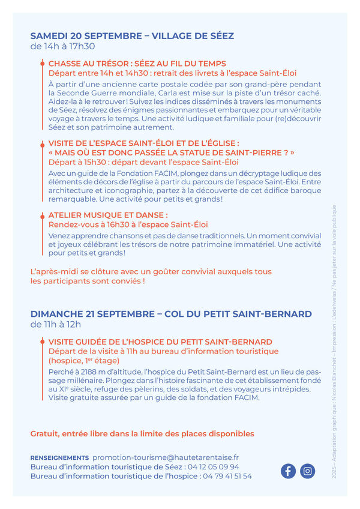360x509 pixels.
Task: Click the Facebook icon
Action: (x=289, y=471)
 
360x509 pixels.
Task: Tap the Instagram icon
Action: (x=308, y=471)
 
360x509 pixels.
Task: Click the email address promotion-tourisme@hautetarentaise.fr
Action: (x=166, y=457)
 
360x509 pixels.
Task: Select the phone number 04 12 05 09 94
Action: (x=213, y=466)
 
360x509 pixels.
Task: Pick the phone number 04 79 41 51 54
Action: (x=227, y=476)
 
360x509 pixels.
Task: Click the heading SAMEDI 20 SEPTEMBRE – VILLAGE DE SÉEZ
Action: (x=132, y=36)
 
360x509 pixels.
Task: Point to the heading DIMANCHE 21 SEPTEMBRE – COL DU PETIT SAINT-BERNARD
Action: (x=171, y=314)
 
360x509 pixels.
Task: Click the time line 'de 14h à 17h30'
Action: (x=62, y=46)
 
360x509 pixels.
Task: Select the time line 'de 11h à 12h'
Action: (x=56, y=324)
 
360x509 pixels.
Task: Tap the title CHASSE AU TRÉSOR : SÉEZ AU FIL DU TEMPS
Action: (x=137, y=63)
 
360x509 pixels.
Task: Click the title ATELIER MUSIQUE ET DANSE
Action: (x=108, y=215)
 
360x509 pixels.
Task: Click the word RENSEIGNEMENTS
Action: (x=59, y=457)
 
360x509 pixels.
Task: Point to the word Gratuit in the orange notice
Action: (x=45, y=433)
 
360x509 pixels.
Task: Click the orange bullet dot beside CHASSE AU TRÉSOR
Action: (x=42, y=63)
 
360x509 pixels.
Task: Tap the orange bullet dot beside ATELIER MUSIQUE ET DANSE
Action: (x=42, y=215)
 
